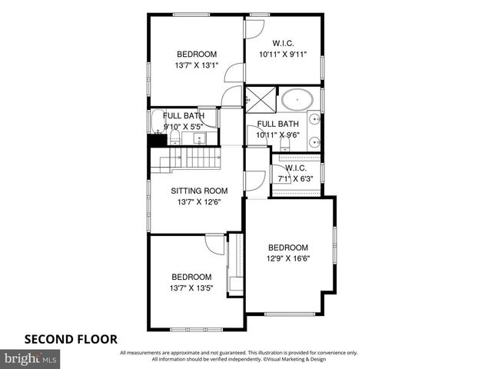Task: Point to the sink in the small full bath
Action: pyautogui.click(x=199, y=138)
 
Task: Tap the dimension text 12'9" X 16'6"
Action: pyautogui.click(x=288, y=259)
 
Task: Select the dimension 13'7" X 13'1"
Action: pyautogui.click(x=197, y=65)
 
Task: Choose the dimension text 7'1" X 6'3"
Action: pyautogui.click(x=296, y=179)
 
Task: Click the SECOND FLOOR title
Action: pyautogui.click(x=70, y=337)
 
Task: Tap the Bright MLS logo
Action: pyautogui.click(x=31, y=358)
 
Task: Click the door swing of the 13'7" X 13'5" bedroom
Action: pyautogui.click(x=215, y=244)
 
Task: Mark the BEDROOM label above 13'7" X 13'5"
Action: pyautogui.click(x=191, y=277)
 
